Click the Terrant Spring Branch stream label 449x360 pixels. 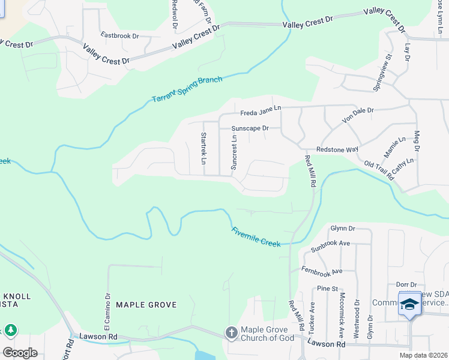187,89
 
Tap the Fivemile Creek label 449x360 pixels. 256,236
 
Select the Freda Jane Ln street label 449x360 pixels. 261,112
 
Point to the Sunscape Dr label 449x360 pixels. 250,128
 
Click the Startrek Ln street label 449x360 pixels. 203,148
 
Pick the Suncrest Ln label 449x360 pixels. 234,152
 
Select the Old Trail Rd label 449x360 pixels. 379,170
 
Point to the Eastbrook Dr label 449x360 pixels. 119,35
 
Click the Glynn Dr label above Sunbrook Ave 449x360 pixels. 343,228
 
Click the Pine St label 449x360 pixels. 328,289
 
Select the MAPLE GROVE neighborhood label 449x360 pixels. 146,305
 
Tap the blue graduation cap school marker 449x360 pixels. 411,305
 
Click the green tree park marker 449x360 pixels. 11,330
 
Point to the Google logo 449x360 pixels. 20,352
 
